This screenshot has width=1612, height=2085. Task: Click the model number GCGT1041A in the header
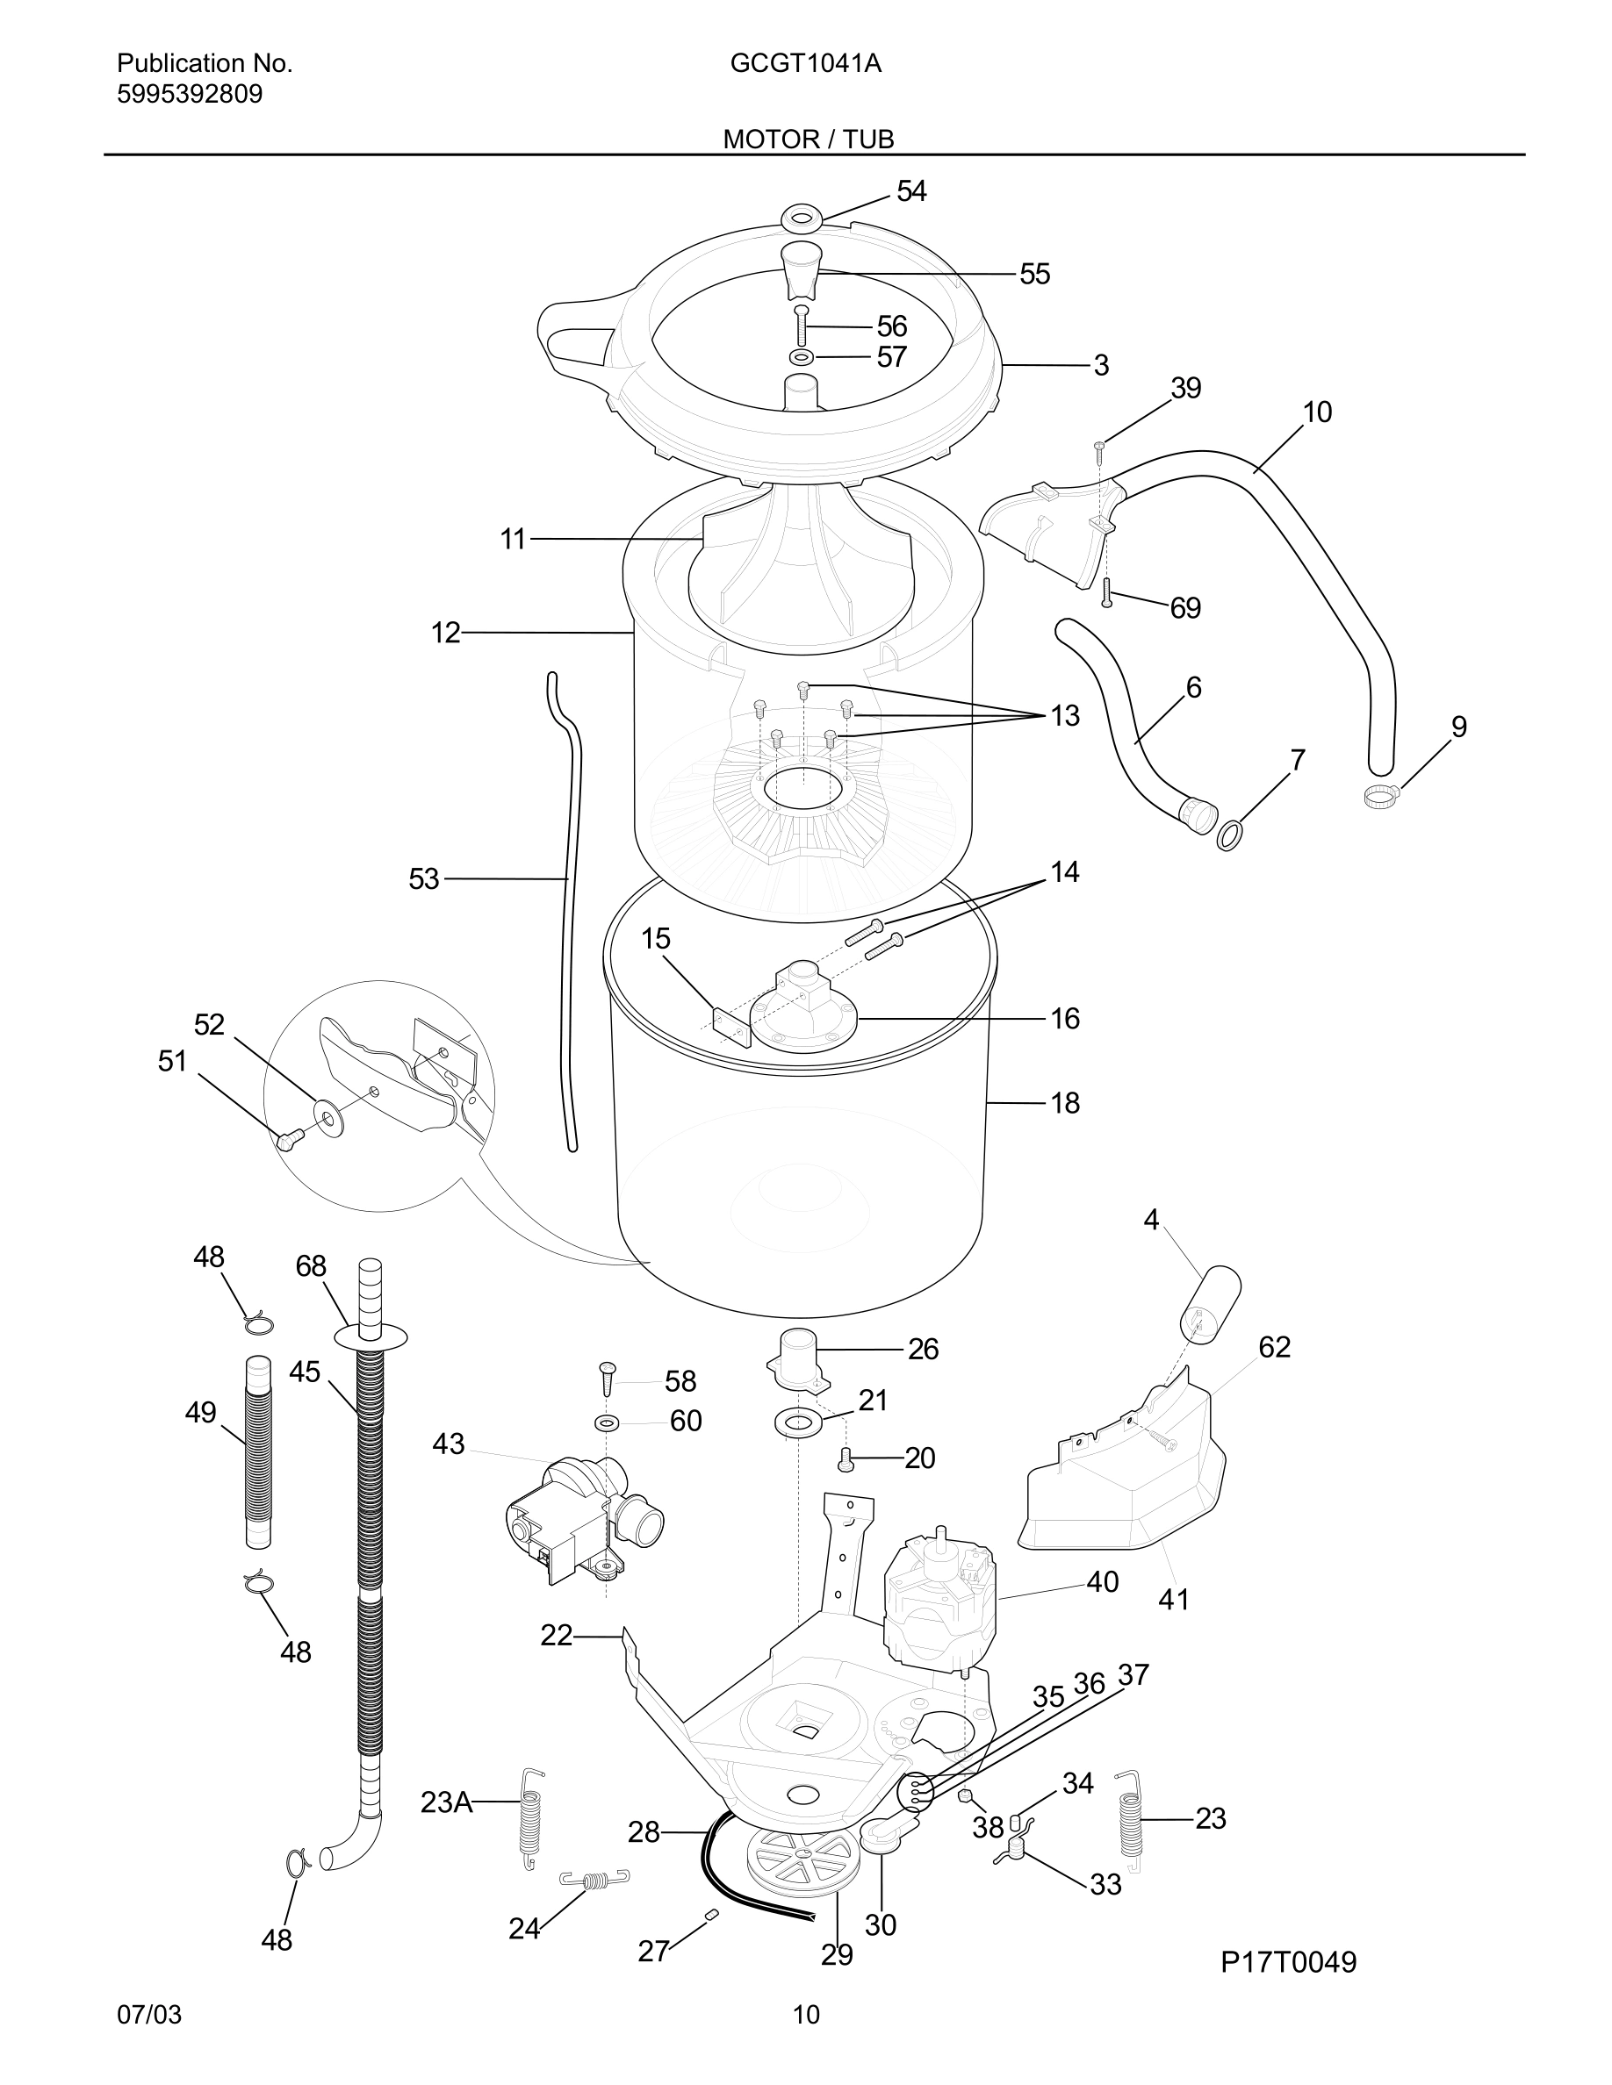point(805,64)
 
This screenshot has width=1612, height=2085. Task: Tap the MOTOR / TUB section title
point(808,140)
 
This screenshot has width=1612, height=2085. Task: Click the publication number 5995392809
point(189,95)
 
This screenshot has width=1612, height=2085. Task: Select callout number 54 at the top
point(911,192)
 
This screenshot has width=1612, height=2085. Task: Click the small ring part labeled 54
point(802,218)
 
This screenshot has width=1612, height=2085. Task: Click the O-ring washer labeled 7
point(1230,835)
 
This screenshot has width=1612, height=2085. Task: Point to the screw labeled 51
point(287,1137)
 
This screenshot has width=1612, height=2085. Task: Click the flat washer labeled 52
point(328,1114)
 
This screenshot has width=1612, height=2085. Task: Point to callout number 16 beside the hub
point(1065,1019)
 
